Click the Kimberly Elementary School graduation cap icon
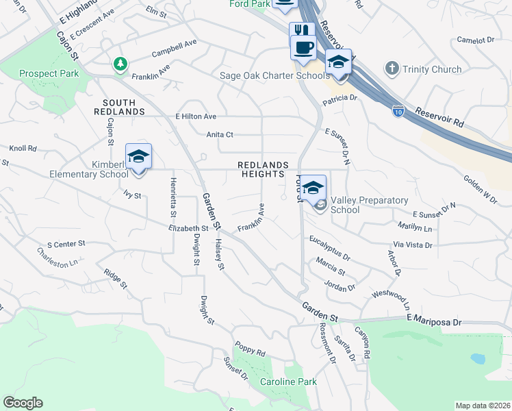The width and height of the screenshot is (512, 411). click(138, 157)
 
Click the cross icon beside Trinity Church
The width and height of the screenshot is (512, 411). click(392, 68)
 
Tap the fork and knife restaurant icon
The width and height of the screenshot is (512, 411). click(302, 32)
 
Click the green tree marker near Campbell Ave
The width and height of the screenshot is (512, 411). click(120, 64)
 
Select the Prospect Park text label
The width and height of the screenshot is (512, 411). click(49, 73)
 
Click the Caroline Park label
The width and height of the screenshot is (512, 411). click(288, 381)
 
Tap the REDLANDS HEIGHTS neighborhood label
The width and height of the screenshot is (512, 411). click(261, 169)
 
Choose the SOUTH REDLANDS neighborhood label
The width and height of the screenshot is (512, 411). click(119, 106)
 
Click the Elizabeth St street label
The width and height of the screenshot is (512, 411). click(188, 228)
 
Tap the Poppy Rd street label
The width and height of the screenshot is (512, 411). click(250, 348)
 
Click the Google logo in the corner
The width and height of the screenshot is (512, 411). click(23, 402)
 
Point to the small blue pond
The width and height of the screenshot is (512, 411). click(478, 358)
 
